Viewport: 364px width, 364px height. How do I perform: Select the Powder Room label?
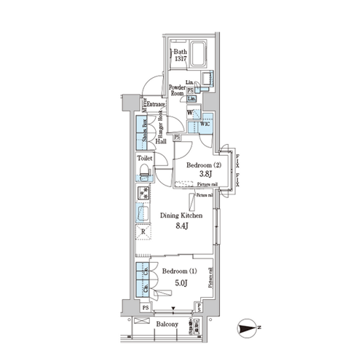178,90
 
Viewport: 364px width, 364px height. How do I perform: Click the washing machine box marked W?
191,114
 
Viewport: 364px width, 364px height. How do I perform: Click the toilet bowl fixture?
144,171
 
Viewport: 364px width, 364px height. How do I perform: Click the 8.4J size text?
181,226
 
